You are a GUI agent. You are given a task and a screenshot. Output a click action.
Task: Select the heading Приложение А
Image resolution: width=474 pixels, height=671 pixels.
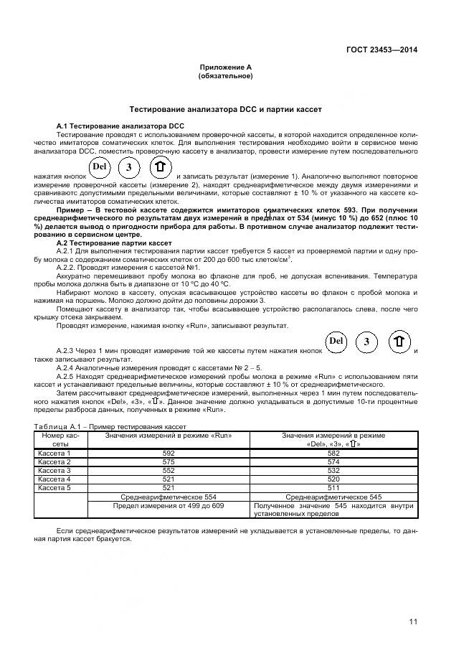[x=225, y=67]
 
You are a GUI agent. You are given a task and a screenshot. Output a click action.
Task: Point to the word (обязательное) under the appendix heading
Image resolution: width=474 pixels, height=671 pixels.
[x=225, y=75]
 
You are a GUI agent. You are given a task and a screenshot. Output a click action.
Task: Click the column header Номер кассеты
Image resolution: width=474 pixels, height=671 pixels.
[x=60, y=439]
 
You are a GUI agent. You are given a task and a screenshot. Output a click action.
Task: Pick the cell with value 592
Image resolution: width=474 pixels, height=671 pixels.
[x=169, y=453]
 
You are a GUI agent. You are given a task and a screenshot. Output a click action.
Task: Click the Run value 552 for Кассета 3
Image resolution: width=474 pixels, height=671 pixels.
[x=169, y=471]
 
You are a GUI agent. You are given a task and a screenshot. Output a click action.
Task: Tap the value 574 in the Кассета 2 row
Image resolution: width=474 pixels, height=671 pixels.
[x=333, y=461]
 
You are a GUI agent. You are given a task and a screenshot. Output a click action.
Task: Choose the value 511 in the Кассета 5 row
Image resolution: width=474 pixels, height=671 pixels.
[x=333, y=488]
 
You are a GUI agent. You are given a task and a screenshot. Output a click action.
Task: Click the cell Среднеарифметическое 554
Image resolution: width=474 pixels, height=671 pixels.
[x=169, y=497]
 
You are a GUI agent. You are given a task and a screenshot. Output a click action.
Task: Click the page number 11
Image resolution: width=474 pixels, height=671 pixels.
[x=413, y=621]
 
